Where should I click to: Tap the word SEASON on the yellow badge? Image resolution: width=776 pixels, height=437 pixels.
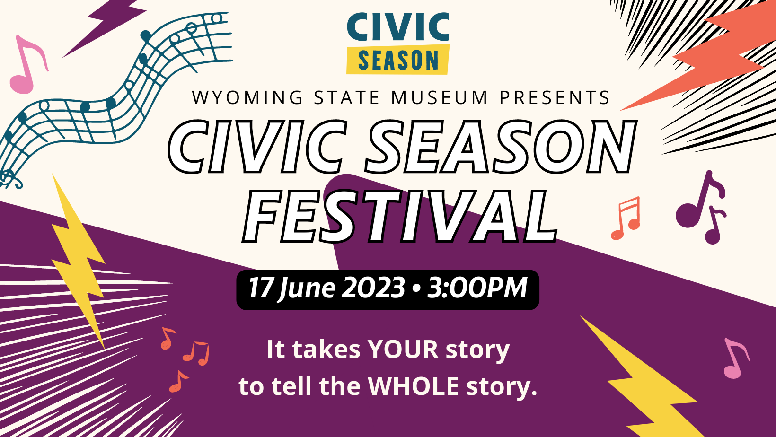pos(398,60)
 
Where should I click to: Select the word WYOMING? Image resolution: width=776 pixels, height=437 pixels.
pos(247,97)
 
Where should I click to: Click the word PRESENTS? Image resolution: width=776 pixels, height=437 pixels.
pos(555,97)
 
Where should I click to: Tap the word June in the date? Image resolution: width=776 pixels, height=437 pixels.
pos(307,288)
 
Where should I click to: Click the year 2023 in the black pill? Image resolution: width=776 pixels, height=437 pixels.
pos(373,288)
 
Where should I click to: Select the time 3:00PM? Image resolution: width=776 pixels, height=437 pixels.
pos(477,288)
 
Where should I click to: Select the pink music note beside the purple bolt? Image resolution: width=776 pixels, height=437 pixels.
pos(26,66)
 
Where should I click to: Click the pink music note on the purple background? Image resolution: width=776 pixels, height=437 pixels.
pos(737,359)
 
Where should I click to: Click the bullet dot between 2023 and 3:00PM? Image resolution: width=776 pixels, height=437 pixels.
pos(416,288)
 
